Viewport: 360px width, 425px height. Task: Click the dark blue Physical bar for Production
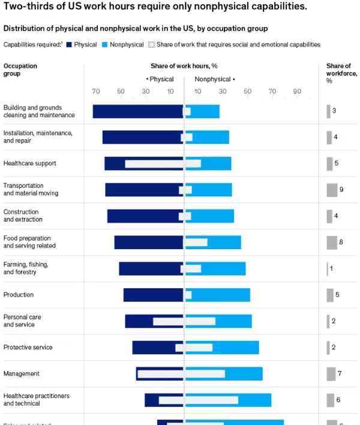[153, 295]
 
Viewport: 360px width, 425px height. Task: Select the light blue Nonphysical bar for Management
[243, 373]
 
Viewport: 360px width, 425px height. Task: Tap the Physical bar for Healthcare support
[114, 163]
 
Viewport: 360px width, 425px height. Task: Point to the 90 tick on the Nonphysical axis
[296, 91]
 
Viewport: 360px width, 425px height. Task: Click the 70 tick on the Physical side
[96, 91]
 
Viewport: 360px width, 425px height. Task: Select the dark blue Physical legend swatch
[68, 45]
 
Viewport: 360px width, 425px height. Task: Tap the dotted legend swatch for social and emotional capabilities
[151, 45]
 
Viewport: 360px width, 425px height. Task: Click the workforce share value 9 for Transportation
[341, 190]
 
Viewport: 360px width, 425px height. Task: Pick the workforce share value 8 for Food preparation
[341, 242]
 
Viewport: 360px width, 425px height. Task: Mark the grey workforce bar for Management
[331, 373]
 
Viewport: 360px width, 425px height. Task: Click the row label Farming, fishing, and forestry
[26, 268]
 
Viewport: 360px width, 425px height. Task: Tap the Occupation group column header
[20, 70]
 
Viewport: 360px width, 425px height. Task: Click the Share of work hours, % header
[184, 66]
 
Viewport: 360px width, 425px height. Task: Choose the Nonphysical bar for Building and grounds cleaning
[205, 111]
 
